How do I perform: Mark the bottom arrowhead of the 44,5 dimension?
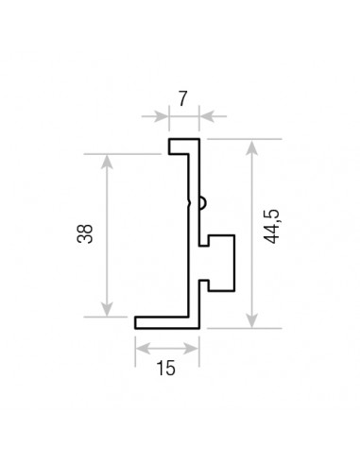252,319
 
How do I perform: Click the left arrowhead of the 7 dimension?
163,117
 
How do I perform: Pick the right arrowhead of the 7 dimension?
206,117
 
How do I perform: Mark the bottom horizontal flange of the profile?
166,322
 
